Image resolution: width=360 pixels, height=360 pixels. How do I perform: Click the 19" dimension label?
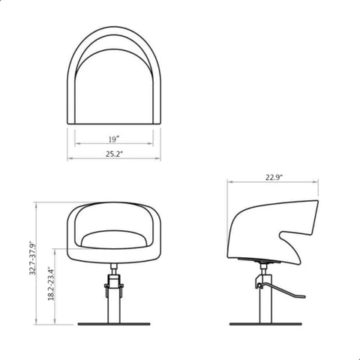(114, 139)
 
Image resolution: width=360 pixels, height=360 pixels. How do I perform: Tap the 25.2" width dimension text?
(114, 154)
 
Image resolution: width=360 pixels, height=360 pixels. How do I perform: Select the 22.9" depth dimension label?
(274, 178)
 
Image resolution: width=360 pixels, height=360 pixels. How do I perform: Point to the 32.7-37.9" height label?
(33, 258)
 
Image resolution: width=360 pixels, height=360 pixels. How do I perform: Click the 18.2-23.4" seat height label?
(51, 283)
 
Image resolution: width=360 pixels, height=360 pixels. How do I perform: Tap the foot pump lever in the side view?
(282, 291)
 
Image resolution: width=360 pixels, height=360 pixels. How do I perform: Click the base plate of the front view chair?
(114, 324)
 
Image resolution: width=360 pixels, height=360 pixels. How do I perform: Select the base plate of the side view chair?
(265, 324)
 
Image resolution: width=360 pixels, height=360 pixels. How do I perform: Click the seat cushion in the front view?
(114, 239)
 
